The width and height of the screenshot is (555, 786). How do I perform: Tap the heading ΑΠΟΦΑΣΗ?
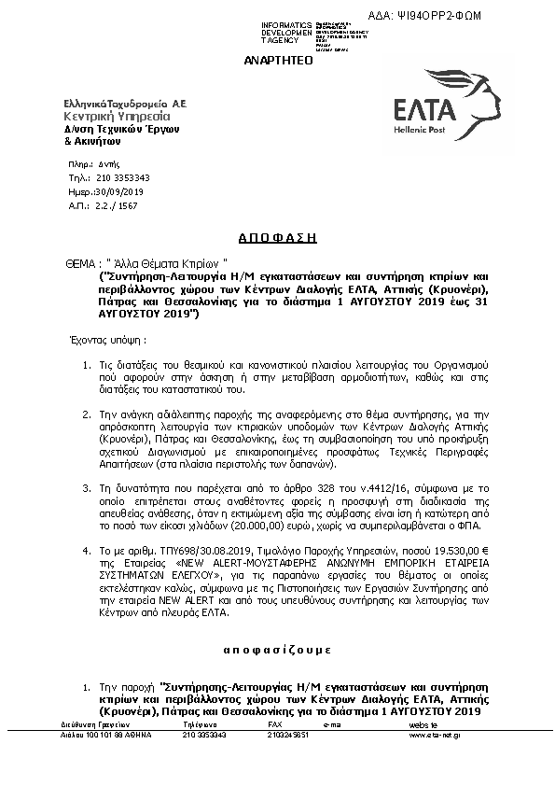277,238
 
